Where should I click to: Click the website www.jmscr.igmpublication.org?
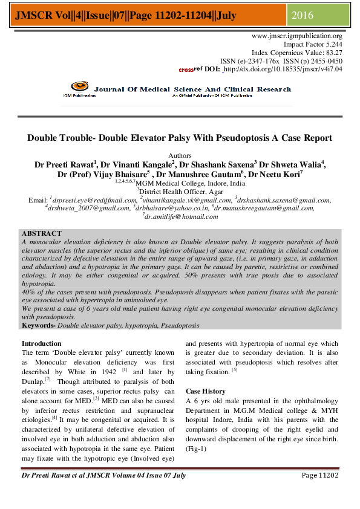tap(296, 36)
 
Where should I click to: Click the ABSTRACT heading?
tap(41, 233)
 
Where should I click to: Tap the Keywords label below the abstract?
tap(39, 325)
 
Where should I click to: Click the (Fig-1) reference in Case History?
tap(197, 449)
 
